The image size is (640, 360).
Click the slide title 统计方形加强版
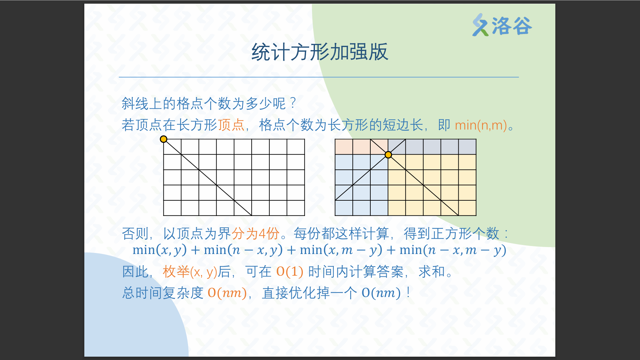coord(320,52)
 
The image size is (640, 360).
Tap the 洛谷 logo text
coord(512,26)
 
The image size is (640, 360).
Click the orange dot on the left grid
coord(163,139)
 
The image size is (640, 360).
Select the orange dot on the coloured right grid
coord(388,155)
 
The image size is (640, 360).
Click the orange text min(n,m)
coord(481,125)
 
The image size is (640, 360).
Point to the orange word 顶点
coord(231,125)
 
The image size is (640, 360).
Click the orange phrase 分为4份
coord(256,233)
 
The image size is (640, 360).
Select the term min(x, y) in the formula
coord(160,250)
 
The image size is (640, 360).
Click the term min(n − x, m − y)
coord(453,250)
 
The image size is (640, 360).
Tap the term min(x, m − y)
coord(341,250)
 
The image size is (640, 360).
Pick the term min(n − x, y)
coord(243,250)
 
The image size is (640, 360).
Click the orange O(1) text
coord(290,272)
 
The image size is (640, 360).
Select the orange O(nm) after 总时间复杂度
coord(227,293)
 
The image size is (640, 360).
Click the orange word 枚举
coord(176,272)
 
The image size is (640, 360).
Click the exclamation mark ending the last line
coord(408,293)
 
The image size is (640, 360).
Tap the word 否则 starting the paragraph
coord(135,233)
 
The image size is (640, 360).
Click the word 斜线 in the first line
coord(135,103)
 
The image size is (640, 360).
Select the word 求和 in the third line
coord(432,272)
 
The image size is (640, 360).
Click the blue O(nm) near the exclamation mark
coord(381,293)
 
